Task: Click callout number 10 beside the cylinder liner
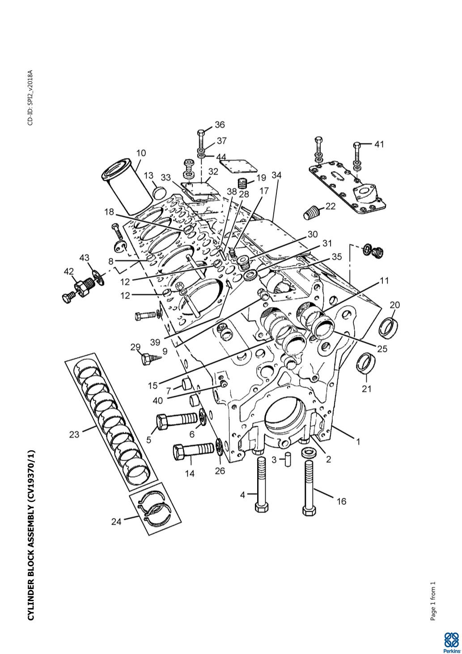click(141, 153)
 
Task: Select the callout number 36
click(220, 125)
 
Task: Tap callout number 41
click(379, 144)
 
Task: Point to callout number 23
click(74, 435)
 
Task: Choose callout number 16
click(341, 501)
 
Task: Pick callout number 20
click(394, 305)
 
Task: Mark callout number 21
click(366, 389)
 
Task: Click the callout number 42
click(69, 272)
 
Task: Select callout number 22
click(331, 206)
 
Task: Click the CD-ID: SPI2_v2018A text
click(30, 98)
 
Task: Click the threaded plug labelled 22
click(309, 213)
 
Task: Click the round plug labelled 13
click(159, 192)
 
